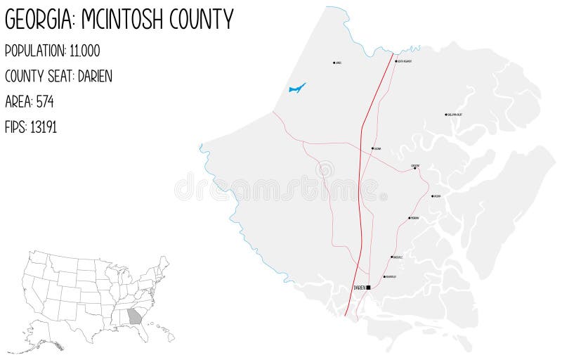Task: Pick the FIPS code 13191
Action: point(42,127)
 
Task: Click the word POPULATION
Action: point(34,51)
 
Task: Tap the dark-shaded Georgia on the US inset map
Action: point(135,316)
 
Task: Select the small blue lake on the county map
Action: point(297,89)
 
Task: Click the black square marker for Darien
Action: point(368,287)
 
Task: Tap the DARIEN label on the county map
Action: point(359,287)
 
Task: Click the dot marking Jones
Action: point(334,63)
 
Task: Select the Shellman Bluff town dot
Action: point(446,115)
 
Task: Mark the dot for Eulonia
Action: point(372,148)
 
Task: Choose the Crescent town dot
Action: point(414,168)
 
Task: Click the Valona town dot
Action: point(432,196)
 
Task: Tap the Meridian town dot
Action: point(410,218)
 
